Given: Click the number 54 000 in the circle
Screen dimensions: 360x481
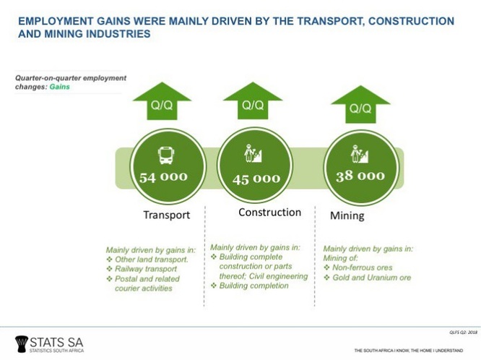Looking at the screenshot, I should (x=163, y=177).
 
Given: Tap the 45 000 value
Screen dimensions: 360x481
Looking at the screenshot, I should (x=256, y=179).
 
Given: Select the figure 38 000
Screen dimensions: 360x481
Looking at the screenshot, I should (x=360, y=176).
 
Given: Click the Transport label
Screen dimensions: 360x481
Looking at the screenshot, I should (x=166, y=215).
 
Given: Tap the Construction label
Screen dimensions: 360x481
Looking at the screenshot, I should (x=269, y=213).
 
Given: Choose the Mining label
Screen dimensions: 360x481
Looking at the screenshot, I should (x=347, y=215).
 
